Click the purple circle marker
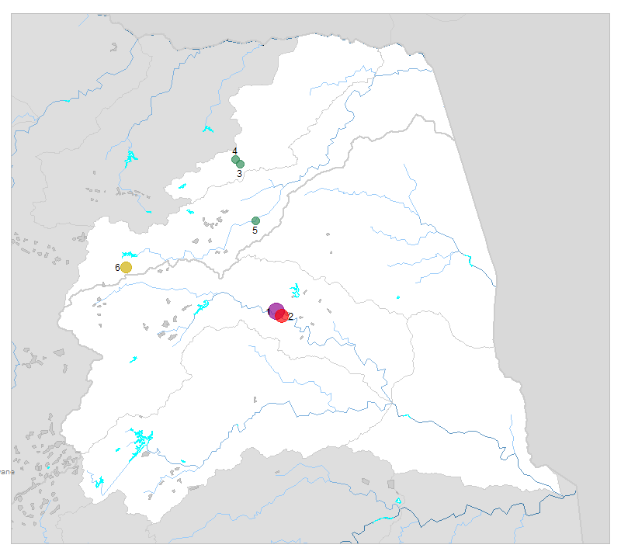[276, 311]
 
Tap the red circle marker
[282, 316]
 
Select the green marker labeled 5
[255, 220]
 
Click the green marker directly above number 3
[241, 164]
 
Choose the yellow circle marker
[126, 267]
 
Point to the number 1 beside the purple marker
[269, 312]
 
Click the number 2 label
[290, 317]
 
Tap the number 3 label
[239, 174]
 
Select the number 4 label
[234, 151]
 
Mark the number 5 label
[255, 231]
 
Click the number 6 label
[117, 267]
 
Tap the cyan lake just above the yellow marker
[129, 254]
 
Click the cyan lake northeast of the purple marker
[295, 292]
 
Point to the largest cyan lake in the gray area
[130, 159]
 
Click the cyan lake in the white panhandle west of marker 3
[182, 186]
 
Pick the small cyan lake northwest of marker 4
[207, 129]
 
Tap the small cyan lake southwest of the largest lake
[99, 482]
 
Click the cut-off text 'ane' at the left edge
[7, 471]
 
